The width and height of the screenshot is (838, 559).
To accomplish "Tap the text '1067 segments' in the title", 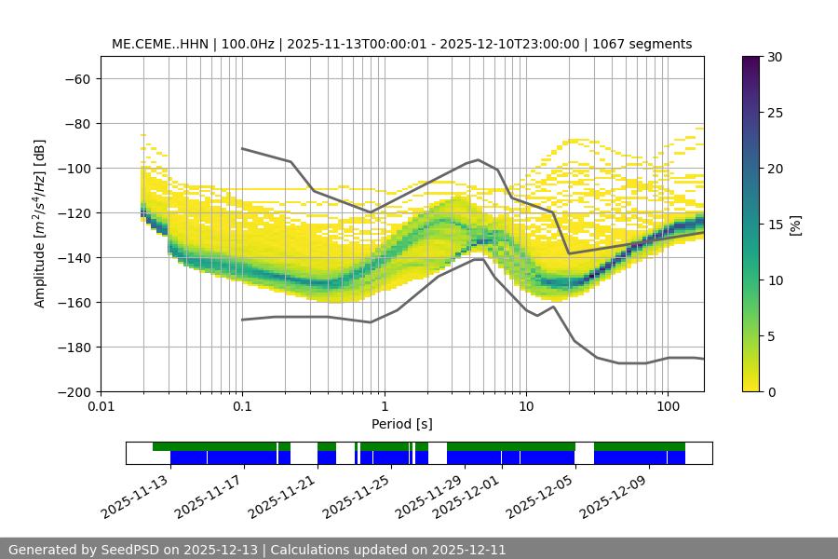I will [648, 44].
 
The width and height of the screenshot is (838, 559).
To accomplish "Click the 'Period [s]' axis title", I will [401, 424].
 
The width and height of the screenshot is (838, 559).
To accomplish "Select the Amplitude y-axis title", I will [40, 224].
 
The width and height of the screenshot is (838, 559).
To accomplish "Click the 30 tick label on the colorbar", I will [774, 57].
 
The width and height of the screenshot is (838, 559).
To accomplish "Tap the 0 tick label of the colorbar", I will [770, 392].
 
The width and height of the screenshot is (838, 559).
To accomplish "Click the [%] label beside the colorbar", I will [796, 225].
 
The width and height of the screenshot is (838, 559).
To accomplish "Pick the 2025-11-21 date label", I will [283, 496].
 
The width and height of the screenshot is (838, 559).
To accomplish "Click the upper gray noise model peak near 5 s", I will [479, 159].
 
